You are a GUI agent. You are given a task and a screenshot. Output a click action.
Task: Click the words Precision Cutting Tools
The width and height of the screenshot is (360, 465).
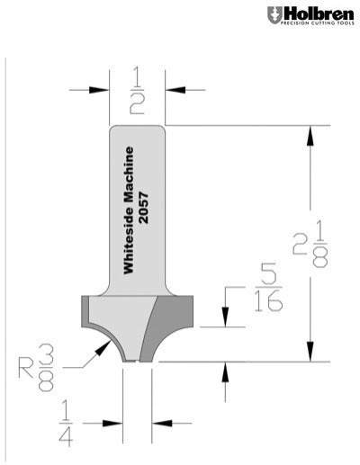click(319, 24)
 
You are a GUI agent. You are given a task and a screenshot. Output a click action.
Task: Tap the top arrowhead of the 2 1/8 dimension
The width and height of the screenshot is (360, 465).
click(310, 133)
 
